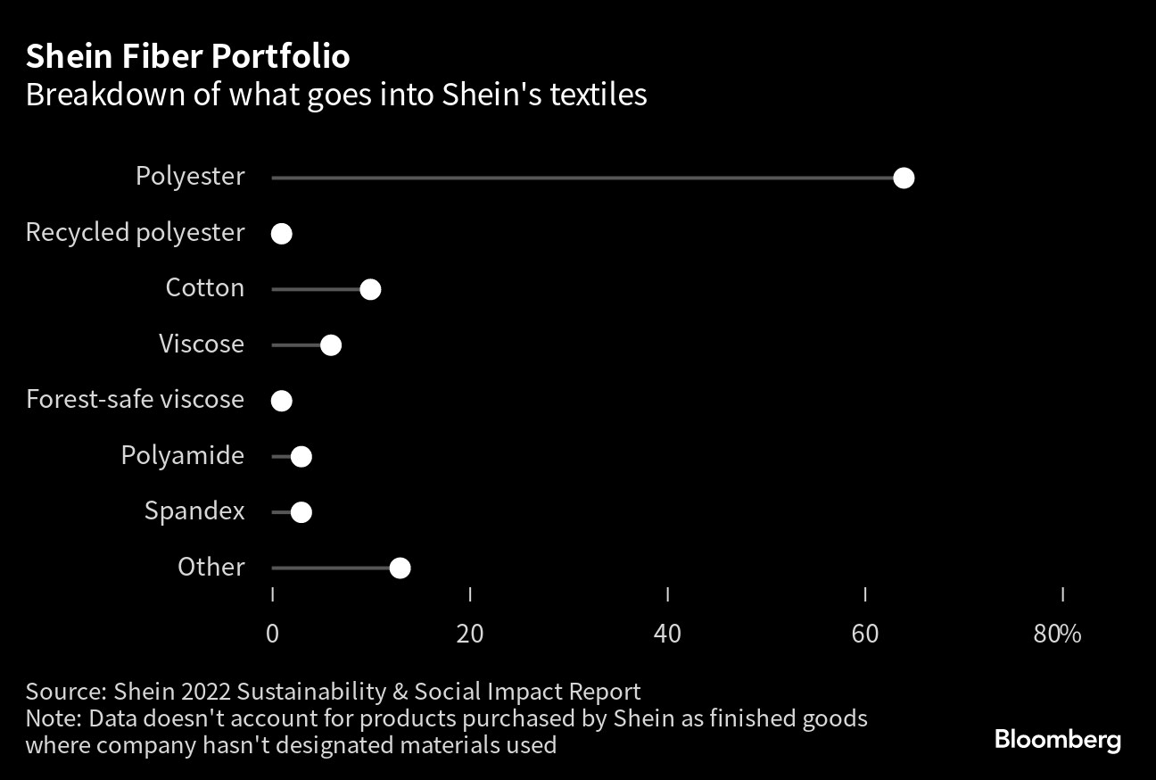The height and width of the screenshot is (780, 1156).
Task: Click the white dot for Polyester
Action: (904, 178)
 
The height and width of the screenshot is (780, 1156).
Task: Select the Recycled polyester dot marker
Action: (282, 234)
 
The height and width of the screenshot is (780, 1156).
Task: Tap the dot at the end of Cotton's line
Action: (370, 290)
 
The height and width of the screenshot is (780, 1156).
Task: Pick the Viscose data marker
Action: (331, 345)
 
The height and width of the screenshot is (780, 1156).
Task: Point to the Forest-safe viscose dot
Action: (282, 401)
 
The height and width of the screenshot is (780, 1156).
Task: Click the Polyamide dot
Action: (301, 457)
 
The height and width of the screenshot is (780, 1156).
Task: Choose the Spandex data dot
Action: (301, 512)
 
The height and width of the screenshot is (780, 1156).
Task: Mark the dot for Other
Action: (400, 568)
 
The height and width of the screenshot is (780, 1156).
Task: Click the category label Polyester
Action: (190, 177)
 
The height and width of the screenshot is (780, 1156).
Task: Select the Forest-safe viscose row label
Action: (135, 399)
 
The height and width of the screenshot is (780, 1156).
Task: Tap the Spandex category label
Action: (194, 511)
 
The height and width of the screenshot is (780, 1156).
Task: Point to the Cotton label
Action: (205, 288)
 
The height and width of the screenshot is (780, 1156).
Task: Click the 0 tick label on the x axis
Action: (272, 634)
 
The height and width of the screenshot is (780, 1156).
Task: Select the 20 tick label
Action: (470, 634)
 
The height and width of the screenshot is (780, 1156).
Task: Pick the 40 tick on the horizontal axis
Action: (667, 634)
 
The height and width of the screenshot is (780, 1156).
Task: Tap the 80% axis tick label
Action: (1057, 634)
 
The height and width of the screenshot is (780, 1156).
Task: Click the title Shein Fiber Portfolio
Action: (187, 57)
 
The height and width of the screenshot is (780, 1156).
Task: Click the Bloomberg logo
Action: (1057, 740)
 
